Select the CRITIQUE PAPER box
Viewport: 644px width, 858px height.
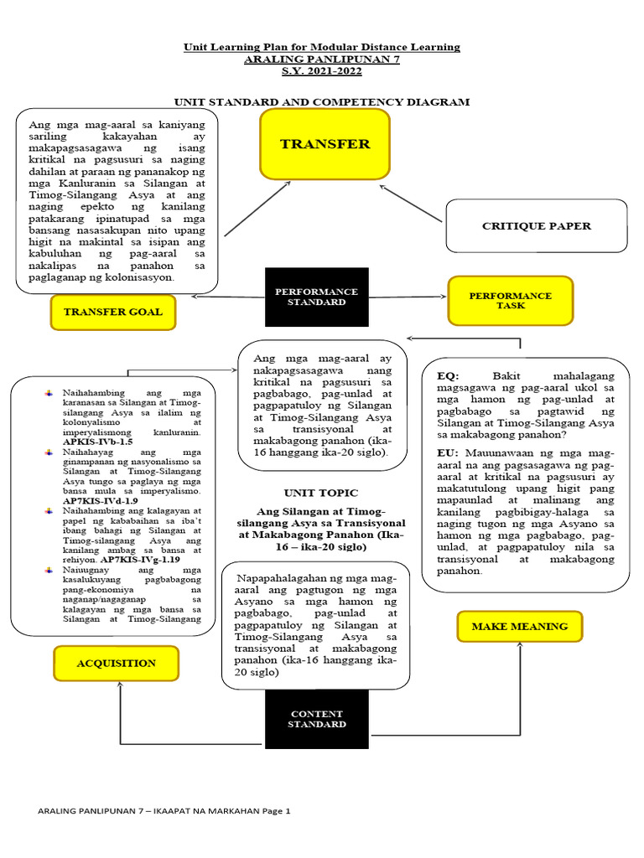click(x=536, y=225)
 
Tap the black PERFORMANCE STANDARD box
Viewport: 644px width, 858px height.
click(x=316, y=297)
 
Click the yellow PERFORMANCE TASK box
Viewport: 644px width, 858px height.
click(x=510, y=301)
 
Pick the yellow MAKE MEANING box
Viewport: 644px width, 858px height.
click(x=519, y=626)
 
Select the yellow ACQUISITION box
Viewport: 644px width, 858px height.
click(x=117, y=663)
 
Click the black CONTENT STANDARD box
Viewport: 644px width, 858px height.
click(x=316, y=719)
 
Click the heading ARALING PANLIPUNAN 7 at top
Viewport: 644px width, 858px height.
click(x=322, y=60)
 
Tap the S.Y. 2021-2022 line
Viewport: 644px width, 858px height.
click(x=322, y=74)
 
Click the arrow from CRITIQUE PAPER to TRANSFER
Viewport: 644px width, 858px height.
click(x=411, y=204)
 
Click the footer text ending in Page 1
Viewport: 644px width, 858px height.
click(x=164, y=811)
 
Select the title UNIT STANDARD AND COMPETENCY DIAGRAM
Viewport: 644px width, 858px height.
click(x=322, y=101)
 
